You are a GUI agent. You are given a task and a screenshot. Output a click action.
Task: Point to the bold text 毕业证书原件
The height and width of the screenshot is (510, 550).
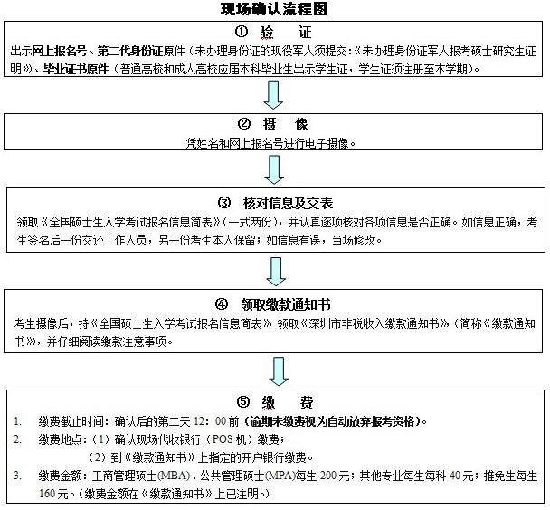(x=73, y=67)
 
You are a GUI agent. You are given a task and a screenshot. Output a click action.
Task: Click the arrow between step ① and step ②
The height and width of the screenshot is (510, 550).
(x=276, y=93)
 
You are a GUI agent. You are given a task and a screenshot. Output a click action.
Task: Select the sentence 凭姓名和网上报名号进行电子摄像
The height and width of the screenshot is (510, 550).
(x=275, y=142)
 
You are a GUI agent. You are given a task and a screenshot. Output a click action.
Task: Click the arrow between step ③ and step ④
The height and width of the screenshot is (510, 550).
(x=276, y=270)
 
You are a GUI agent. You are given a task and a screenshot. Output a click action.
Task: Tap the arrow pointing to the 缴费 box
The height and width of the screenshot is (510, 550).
(x=276, y=370)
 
